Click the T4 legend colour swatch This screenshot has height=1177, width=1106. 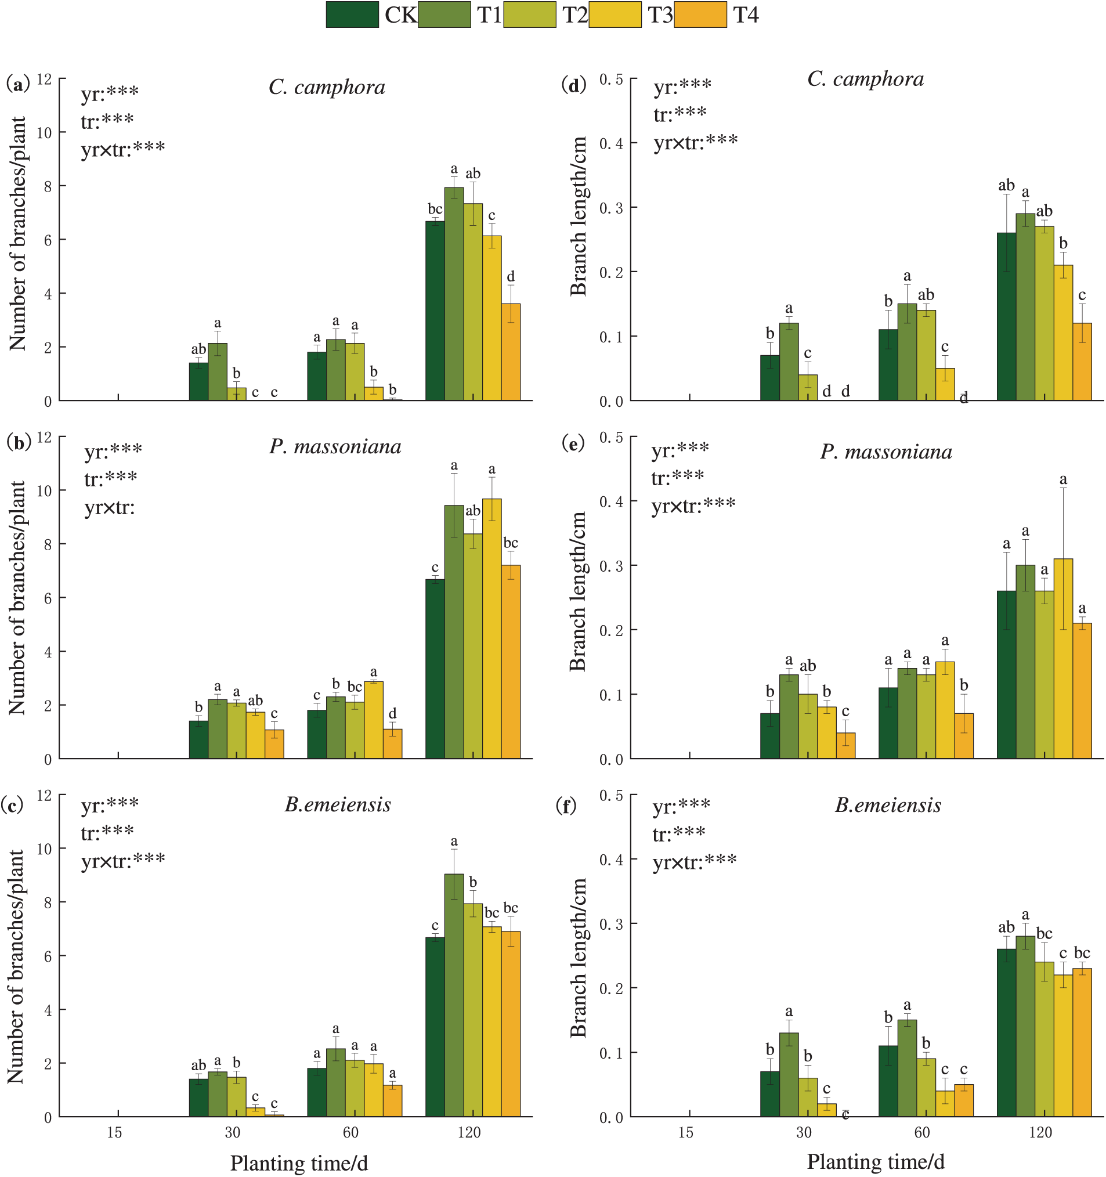(x=700, y=15)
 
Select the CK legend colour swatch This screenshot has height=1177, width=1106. (x=352, y=15)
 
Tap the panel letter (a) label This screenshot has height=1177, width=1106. (x=18, y=84)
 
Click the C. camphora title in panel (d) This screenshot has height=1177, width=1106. (x=865, y=79)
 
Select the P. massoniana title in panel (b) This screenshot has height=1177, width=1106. (x=335, y=446)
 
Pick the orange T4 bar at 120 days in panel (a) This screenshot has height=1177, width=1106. (x=511, y=352)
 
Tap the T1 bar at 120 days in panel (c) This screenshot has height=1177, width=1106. (x=454, y=995)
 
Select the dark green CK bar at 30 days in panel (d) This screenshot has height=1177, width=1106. (x=769, y=378)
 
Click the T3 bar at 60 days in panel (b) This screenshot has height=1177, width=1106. (x=374, y=719)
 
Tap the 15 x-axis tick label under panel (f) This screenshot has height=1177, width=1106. (x=686, y=1132)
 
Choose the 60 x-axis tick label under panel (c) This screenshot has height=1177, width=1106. (x=350, y=1132)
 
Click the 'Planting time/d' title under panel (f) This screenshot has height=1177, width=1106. (x=876, y=1161)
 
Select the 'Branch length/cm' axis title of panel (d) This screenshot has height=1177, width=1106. (x=578, y=216)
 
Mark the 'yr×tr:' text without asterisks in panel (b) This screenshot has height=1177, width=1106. (x=110, y=507)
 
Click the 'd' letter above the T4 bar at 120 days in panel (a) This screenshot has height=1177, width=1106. (x=511, y=276)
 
